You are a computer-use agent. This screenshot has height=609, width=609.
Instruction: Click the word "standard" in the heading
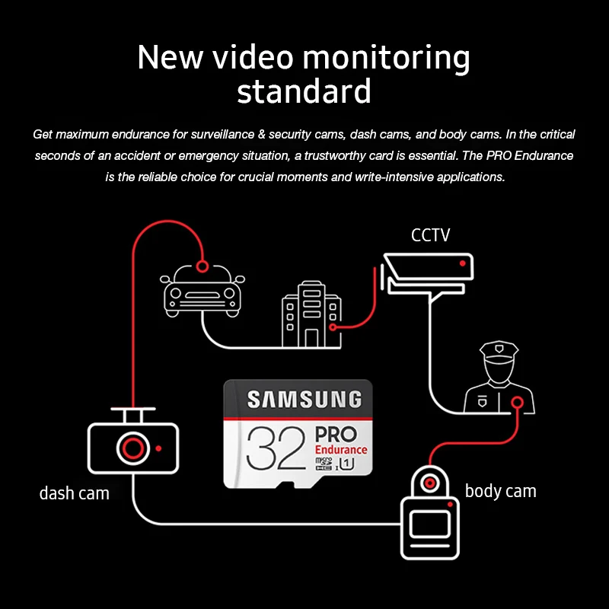click(304, 91)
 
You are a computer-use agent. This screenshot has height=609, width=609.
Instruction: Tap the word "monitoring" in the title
click(386, 58)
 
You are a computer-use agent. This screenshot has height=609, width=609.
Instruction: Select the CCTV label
click(430, 235)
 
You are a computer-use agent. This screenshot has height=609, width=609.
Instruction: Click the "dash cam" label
click(74, 493)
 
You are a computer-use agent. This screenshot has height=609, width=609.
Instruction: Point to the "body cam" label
click(500, 491)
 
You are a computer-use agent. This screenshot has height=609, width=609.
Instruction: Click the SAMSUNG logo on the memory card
click(304, 400)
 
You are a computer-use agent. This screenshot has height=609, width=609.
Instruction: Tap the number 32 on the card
click(276, 448)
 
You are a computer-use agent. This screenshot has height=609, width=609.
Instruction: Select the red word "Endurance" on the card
click(341, 450)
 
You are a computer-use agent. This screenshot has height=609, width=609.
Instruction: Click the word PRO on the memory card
click(336, 434)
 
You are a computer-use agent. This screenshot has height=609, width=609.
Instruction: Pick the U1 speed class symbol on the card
click(346, 464)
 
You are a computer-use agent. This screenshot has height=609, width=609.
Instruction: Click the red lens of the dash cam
click(132, 448)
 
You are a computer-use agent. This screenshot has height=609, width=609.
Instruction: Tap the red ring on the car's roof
click(202, 266)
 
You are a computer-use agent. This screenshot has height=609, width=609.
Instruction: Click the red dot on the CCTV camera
click(462, 263)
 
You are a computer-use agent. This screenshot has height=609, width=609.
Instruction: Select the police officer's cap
click(499, 349)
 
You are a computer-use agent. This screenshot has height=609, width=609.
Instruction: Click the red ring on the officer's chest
click(517, 403)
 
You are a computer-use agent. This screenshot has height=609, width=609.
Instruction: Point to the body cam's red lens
click(429, 483)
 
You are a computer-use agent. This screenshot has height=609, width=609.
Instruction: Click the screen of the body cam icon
click(430, 525)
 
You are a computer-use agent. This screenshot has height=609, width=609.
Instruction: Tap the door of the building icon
click(311, 338)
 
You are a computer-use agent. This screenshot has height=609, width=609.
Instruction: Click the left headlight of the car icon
click(176, 293)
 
